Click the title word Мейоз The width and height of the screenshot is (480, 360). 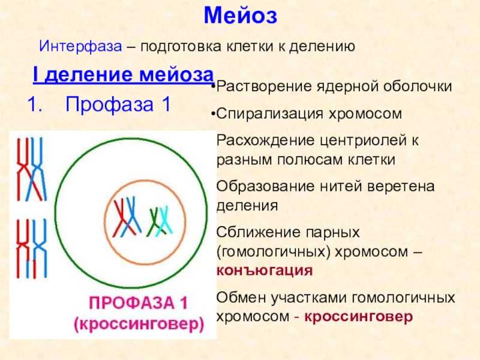click(x=241, y=16)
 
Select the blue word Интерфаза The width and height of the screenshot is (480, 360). click(x=80, y=47)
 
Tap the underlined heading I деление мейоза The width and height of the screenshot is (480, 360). click(x=123, y=74)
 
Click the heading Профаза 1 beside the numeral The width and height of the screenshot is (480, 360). click(x=118, y=104)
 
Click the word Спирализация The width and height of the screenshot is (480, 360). click(x=269, y=114)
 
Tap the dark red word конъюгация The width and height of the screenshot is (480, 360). click(x=265, y=271)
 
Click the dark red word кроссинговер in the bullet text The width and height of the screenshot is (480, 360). click(x=358, y=316)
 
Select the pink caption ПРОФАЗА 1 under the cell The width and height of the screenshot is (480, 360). click(x=139, y=303)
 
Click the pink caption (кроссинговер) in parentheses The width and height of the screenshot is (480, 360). click(x=139, y=324)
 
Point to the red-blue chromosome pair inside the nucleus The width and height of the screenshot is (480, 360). click(x=127, y=217)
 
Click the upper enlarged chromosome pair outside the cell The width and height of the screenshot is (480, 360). click(x=32, y=169)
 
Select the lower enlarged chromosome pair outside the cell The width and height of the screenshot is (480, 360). click(x=32, y=248)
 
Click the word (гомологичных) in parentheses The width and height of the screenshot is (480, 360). click(x=274, y=252)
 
